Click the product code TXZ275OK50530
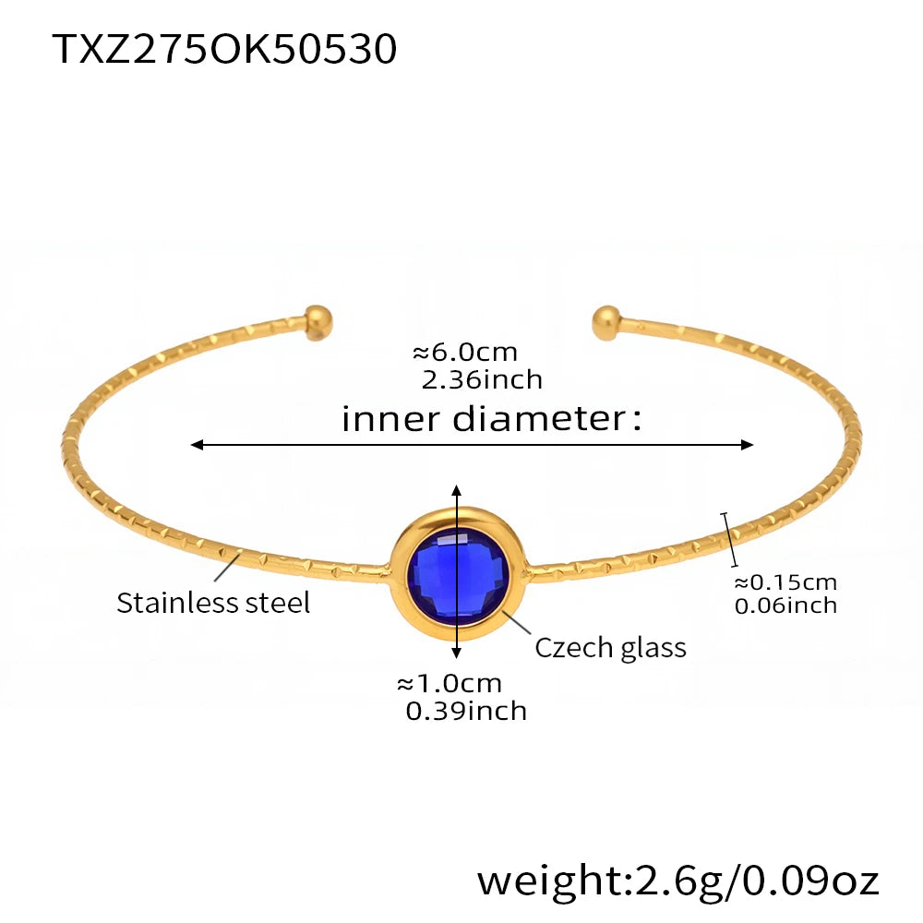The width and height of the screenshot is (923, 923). [x=224, y=49]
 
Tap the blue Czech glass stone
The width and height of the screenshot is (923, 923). [x=457, y=573]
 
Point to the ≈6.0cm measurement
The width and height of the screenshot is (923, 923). [x=464, y=352]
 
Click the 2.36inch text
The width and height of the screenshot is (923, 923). [x=481, y=378]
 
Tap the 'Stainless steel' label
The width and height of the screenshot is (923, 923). [x=213, y=603]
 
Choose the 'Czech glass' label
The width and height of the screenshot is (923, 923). [x=610, y=647]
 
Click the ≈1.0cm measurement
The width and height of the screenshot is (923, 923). [x=449, y=683]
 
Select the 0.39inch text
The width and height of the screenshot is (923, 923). [x=466, y=710]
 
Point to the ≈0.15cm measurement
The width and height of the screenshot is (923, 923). [x=785, y=581]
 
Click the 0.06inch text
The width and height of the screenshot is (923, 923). [x=785, y=605]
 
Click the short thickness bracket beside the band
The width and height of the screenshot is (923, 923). [x=730, y=539]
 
